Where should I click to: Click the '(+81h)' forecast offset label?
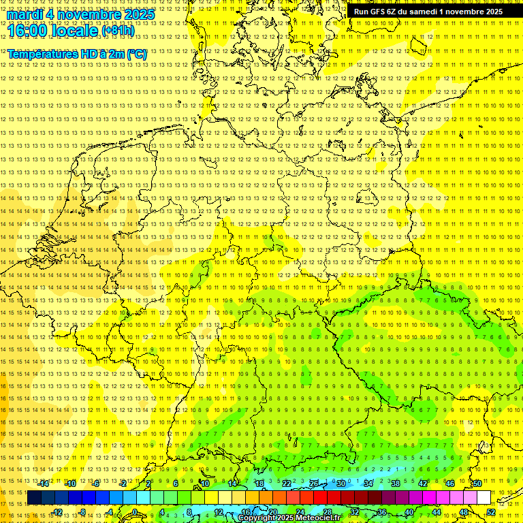(118, 31)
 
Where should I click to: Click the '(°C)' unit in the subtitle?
(137, 54)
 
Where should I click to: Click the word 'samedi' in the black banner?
(423, 12)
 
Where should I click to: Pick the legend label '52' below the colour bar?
(491, 512)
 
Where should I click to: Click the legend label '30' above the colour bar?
(340, 484)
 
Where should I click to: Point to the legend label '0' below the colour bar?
(135, 512)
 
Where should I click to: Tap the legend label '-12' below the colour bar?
(57, 512)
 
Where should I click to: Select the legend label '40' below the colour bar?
(409, 512)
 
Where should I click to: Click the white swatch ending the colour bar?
(484, 498)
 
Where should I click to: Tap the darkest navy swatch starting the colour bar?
(34, 498)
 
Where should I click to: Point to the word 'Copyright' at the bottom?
(256, 518)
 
